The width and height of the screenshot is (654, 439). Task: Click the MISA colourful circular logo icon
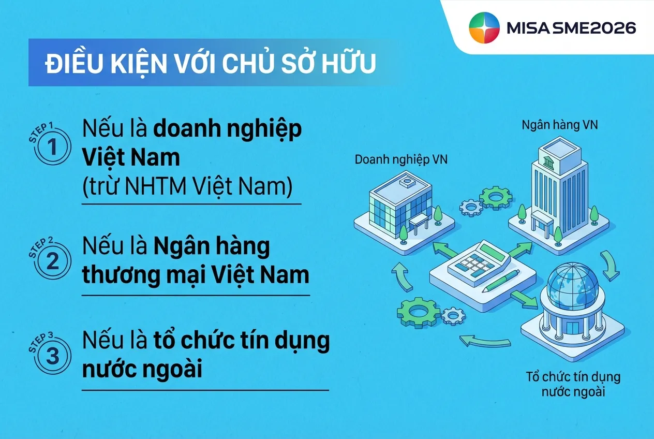pyautogui.click(x=484, y=27)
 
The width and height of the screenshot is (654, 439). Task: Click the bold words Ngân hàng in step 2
pyautogui.click(x=212, y=246)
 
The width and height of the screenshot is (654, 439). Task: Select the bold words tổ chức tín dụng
pyautogui.click(x=242, y=341)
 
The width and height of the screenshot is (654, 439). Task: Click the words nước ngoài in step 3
pyautogui.click(x=142, y=370)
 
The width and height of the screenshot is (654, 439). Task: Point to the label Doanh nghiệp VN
pyautogui.click(x=401, y=159)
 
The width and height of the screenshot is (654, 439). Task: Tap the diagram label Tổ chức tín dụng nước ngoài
pyautogui.click(x=573, y=384)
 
